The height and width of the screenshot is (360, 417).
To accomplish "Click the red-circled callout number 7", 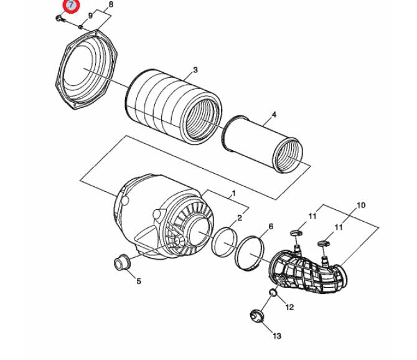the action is point(71,6).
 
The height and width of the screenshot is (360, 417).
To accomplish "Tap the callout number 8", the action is point(111,4).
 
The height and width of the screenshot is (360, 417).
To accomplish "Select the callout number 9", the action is point(90,16).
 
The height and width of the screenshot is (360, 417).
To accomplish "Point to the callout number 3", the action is point(195,70).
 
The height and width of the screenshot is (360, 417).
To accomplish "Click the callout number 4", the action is point(274,115).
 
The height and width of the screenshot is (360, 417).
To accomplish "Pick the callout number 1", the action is point(234,193).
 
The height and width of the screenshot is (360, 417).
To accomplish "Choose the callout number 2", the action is point(240,218).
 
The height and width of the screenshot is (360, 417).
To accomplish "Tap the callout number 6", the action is point(271,227).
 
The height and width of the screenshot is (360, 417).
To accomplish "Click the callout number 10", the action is point(361,206).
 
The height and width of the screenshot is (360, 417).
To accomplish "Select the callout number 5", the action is point(139,281).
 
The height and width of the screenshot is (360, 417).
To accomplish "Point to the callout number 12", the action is point(289,307).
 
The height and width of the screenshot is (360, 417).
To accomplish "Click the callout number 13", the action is point(277,336).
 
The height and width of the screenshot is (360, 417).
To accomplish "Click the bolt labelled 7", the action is point(60,19).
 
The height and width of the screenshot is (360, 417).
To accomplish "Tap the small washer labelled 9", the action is point(80,27).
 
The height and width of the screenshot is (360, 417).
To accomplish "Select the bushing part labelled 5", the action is point(122,262).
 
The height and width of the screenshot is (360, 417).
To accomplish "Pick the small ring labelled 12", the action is point(273,292).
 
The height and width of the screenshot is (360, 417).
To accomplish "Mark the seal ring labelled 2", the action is point(224,242).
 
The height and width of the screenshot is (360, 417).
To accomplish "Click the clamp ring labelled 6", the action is point(250,253).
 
